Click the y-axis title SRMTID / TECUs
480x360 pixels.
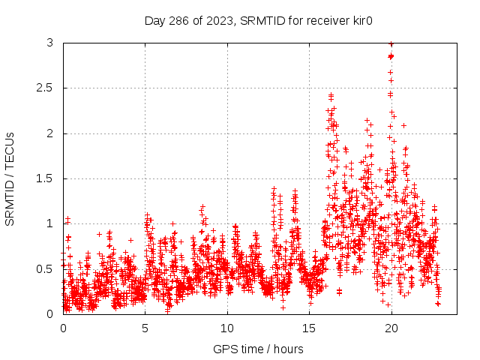[10, 178]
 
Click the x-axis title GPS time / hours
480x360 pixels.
[258, 349]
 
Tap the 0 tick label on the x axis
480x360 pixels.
[63, 328]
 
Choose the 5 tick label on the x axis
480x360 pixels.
[145, 328]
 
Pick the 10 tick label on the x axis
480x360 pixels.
[226, 328]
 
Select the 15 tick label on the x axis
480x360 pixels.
[308, 328]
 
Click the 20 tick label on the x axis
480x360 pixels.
[390, 328]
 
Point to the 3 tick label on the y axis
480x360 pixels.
[49, 43]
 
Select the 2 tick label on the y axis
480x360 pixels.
[49, 133]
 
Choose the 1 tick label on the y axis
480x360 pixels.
[49, 223]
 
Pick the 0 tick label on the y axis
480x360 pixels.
[49, 313]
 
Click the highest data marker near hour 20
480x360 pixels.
[391, 44]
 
